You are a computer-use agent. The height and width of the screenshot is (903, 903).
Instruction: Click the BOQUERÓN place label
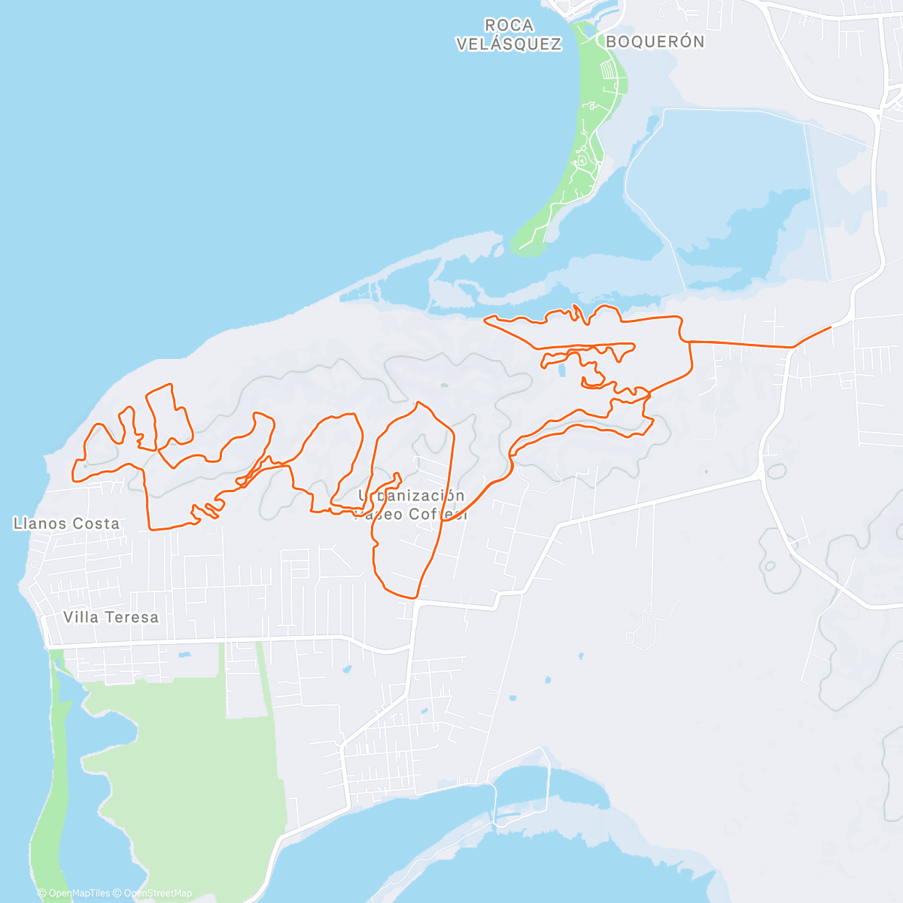[x=655, y=42]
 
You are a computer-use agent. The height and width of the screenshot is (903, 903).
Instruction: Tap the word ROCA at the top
[x=509, y=26]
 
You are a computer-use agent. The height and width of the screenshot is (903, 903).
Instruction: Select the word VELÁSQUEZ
[x=509, y=44]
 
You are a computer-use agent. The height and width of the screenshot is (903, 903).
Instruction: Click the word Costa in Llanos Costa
[x=95, y=523]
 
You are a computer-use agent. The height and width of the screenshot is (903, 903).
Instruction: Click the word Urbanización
[x=411, y=496]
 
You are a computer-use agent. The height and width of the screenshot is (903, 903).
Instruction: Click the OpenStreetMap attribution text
[x=157, y=893]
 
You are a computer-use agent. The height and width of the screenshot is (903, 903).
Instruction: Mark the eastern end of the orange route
[x=831, y=327]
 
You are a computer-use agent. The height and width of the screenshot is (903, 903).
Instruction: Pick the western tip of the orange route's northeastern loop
[x=485, y=321]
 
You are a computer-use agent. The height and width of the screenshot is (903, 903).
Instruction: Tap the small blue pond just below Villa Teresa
[x=184, y=655]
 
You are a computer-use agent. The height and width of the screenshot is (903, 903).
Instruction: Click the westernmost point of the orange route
[x=72, y=474]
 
